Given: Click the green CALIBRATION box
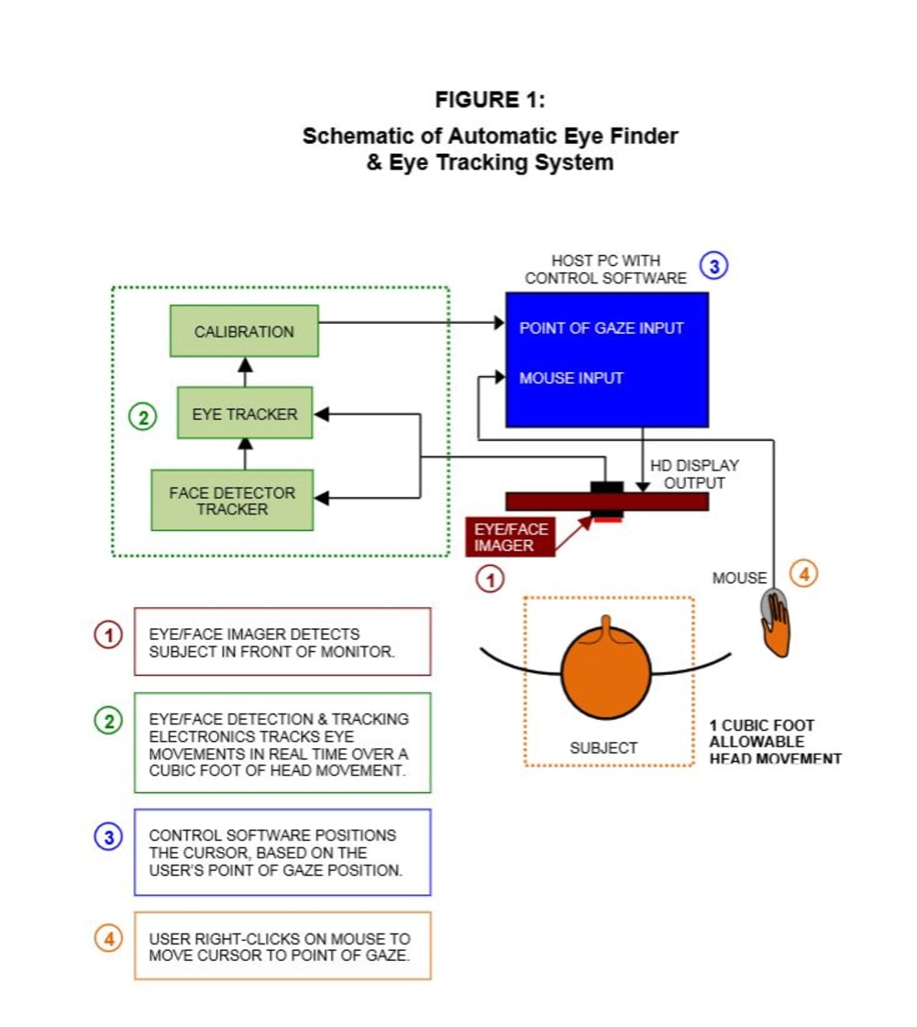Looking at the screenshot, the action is tap(244, 331).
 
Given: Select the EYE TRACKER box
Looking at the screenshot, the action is tap(245, 414).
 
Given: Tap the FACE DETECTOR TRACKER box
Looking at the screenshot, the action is tap(232, 501).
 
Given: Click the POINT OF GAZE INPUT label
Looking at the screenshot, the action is tap(602, 328).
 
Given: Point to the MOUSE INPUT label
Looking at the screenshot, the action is tap(571, 378).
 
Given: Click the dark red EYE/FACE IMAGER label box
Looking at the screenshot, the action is tap(510, 537).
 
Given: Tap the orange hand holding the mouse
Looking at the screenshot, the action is tap(777, 626).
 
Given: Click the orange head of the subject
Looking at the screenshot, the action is tap(606, 670).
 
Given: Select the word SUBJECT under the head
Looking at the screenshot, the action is tap(603, 748).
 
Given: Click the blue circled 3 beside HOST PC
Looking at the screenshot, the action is tap(714, 266).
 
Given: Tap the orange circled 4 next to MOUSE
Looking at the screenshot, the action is tap(803, 574).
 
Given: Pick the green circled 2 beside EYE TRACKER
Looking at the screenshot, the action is tap(143, 416).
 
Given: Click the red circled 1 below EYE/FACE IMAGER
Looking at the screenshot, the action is tap(490, 579).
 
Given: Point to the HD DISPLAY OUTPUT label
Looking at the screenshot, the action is tap(694, 474).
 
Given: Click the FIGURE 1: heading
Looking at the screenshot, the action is tap(490, 100).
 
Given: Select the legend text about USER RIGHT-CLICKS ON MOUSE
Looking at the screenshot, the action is tap(280, 947).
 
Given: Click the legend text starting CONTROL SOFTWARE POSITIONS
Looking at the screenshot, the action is tap(276, 853).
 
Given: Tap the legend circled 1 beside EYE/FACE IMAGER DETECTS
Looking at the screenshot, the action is tap(109, 635).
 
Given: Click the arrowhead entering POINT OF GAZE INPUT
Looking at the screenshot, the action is tap(500, 322).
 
